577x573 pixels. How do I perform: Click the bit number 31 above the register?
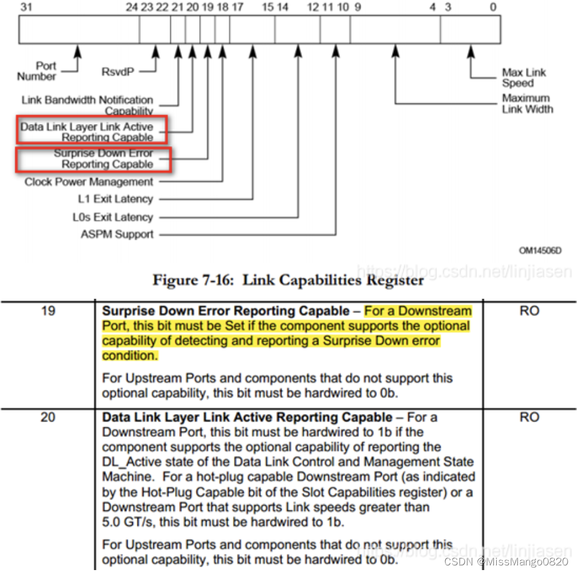point(26,7)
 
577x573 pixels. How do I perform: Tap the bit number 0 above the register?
point(493,7)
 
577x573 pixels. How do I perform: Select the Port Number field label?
point(37,71)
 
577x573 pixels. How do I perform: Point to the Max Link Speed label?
point(523,78)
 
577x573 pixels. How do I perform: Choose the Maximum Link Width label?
point(527,103)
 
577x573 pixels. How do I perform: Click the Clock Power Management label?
point(89,182)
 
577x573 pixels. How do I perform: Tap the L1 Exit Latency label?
point(115,199)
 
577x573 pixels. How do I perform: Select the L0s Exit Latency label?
point(112,218)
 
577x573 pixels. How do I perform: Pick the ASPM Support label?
point(117,234)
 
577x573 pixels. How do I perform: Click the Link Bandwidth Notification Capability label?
point(88,105)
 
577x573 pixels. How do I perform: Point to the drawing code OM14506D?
point(540,250)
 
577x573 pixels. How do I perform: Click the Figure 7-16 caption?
point(288,280)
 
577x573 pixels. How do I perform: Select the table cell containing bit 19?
point(48,310)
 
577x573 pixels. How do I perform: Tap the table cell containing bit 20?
point(48,417)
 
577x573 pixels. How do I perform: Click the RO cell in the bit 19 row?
point(528,310)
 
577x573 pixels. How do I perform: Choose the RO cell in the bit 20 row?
point(528,417)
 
